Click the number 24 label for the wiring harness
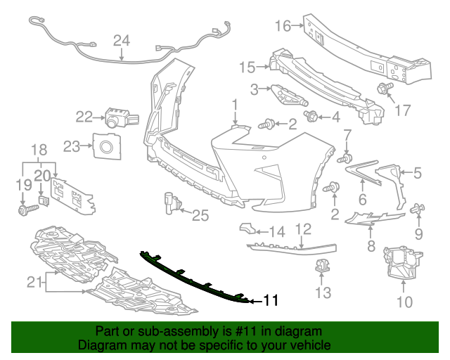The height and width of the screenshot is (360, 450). [122, 41]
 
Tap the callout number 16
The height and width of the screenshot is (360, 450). [283, 26]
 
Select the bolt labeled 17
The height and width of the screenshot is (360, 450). [384, 89]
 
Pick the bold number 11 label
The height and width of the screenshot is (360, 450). [271, 301]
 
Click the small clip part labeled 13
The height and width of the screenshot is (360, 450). [323, 267]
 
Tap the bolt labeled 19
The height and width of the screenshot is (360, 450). [22, 209]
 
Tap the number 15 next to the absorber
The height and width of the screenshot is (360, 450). [246, 67]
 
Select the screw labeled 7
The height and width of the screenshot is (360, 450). [345, 160]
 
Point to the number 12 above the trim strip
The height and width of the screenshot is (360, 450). [302, 229]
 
